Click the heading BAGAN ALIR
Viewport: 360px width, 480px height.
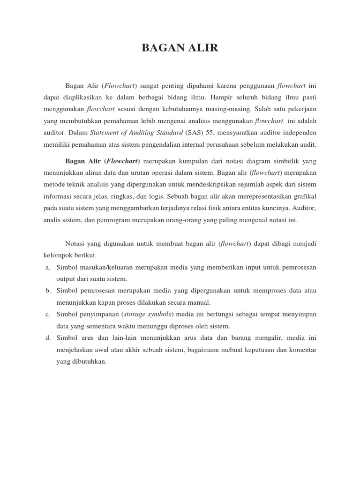[x=180, y=48]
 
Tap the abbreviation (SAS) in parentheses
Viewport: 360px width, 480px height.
[x=201, y=133]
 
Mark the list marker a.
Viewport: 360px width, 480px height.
[x=47, y=267]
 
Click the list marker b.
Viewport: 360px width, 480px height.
[x=47, y=291]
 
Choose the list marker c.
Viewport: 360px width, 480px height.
[x=47, y=314]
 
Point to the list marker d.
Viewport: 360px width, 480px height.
[x=47, y=337]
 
